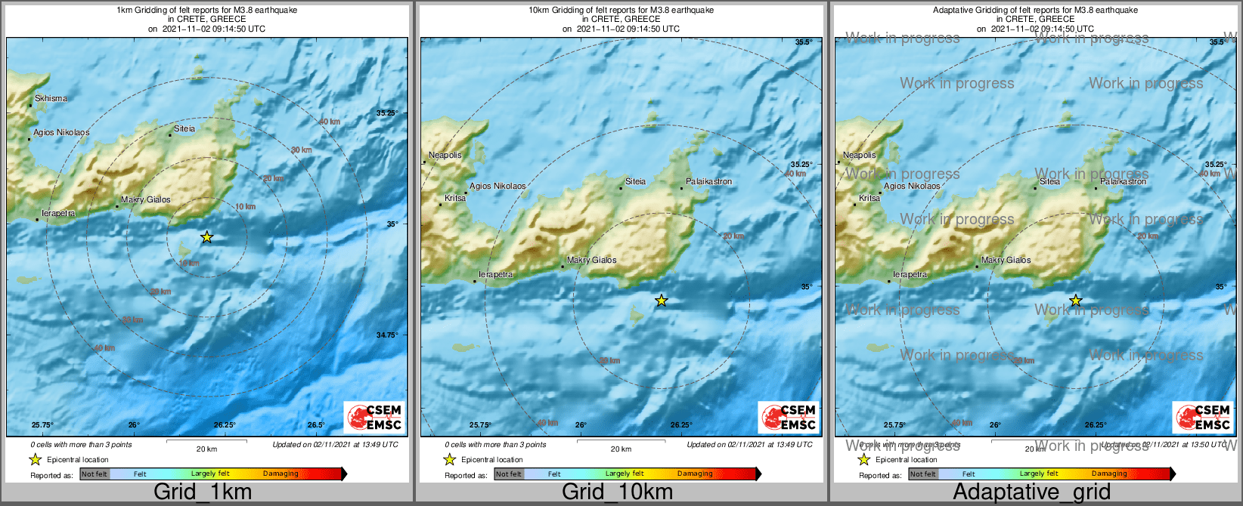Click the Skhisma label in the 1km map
click(51, 98)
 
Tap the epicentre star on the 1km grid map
click(206, 237)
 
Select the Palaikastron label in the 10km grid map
click(708, 181)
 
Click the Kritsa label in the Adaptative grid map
click(869, 198)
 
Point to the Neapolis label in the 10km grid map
click(445, 155)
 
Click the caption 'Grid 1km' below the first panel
click(203, 492)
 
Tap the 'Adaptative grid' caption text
click(1031, 492)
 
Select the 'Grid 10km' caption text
click(617, 492)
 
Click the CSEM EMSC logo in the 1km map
click(374, 417)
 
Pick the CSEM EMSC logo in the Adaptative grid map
click(1203, 417)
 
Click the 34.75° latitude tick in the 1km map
click(387, 335)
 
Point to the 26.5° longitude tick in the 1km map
click(316, 424)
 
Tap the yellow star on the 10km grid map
click(662, 301)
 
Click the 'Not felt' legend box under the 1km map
click(95, 474)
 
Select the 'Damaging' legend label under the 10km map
click(695, 474)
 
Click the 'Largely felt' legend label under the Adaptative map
click(1039, 474)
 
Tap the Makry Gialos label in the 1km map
click(146, 199)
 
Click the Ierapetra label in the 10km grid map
click(495, 274)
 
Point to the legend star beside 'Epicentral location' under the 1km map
click(35, 459)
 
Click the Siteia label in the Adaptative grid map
click(1049, 181)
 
